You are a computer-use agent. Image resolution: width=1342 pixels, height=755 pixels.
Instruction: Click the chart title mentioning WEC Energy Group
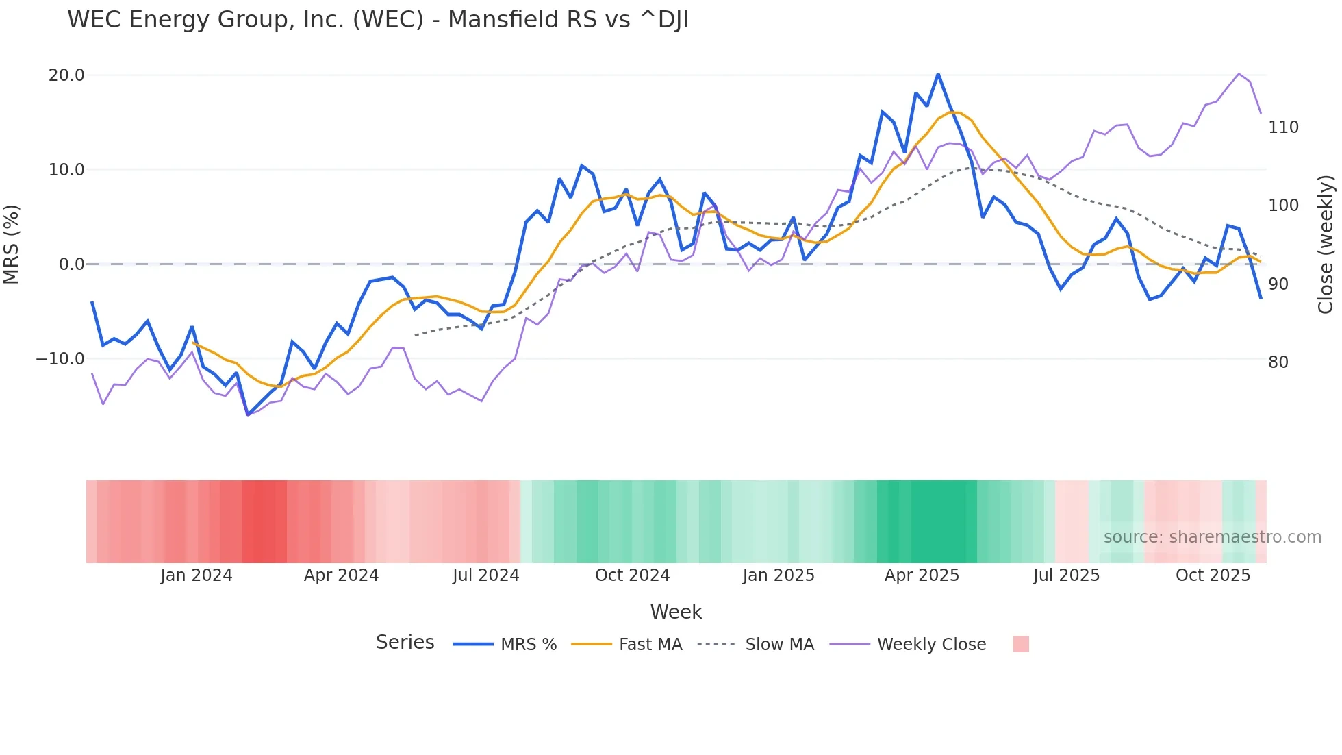(x=378, y=20)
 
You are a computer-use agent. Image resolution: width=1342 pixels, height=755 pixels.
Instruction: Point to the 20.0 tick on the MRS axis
(x=66, y=75)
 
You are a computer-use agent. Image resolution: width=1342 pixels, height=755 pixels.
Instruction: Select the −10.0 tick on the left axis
(x=60, y=359)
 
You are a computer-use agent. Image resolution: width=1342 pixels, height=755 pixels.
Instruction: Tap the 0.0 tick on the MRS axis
(x=71, y=264)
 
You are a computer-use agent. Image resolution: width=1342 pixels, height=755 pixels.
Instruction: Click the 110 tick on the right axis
(x=1283, y=127)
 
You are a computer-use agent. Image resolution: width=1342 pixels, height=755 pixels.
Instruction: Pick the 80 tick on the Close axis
(x=1278, y=362)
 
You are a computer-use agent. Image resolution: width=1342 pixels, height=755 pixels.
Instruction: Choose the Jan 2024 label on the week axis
(x=197, y=575)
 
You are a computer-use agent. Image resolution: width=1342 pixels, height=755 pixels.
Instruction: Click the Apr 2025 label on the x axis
(x=922, y=575)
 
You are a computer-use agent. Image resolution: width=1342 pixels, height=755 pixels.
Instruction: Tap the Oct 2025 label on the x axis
(x=1213, y=575)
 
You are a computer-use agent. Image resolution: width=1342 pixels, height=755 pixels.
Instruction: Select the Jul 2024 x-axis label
(x=485, y=575)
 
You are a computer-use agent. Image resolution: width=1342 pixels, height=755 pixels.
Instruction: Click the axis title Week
(x=676, y=612)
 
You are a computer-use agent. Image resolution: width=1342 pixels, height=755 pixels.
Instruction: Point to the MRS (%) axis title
(x=11, y=245)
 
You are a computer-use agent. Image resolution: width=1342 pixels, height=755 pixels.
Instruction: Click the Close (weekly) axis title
(x=1326, y=245)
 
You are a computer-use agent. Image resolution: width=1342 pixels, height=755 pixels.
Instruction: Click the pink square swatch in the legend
(x=1020, y=644)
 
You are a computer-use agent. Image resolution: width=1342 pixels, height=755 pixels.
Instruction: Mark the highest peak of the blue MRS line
(x=938, y=75)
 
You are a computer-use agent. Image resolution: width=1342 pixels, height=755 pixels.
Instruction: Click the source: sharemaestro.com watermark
(x=1212, y=537)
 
